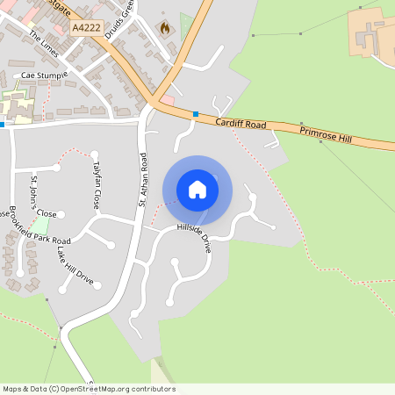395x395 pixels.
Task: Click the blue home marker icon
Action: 197,190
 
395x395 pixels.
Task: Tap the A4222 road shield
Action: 86,28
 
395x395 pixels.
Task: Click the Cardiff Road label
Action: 241,124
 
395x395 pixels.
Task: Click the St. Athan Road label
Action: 140,180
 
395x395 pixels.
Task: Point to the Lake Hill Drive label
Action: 75,264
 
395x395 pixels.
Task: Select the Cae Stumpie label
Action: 44,75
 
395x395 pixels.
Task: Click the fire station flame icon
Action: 164,28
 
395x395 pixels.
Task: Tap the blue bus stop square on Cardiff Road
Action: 195,114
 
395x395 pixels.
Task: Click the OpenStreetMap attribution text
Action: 89,389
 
